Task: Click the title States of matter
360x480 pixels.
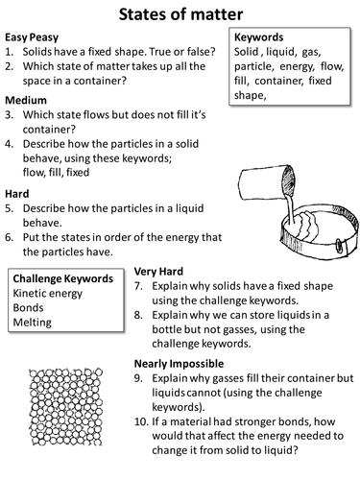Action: (180, 14)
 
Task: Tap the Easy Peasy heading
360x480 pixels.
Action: (32, 37)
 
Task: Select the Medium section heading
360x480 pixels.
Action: (26, 100)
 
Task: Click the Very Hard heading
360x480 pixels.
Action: (158, 272)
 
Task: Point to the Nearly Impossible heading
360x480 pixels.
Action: (179, 364)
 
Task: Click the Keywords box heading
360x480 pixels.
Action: (258, 37)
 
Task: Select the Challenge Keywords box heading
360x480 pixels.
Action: (63, 278)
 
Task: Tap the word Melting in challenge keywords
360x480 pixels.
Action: (32, 323)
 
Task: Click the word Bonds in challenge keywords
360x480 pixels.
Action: (28, 307)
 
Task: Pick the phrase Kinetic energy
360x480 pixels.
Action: (48, 294)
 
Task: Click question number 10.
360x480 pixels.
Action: (141, 421)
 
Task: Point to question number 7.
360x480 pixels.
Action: (138, 286)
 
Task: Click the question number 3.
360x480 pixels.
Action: (9, 115)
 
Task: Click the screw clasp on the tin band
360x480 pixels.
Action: (339, 246)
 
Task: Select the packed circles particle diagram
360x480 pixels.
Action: (66, 407)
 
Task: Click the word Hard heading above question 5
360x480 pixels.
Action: (17, 194)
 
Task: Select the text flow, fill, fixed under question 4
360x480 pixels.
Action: (56, 173)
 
